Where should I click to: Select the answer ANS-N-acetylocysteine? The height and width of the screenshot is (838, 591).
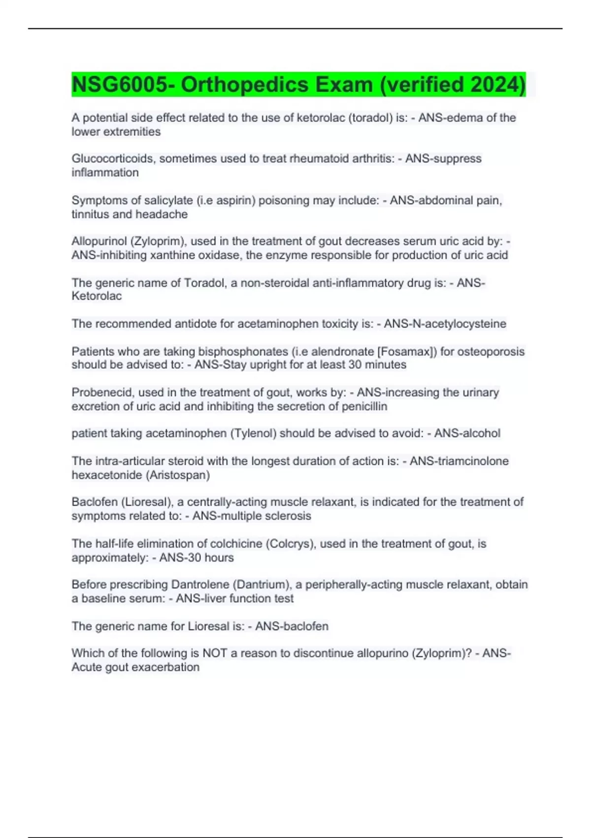click(x=445, y=324)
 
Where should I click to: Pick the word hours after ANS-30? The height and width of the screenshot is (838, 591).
click(x=219, y=558)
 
